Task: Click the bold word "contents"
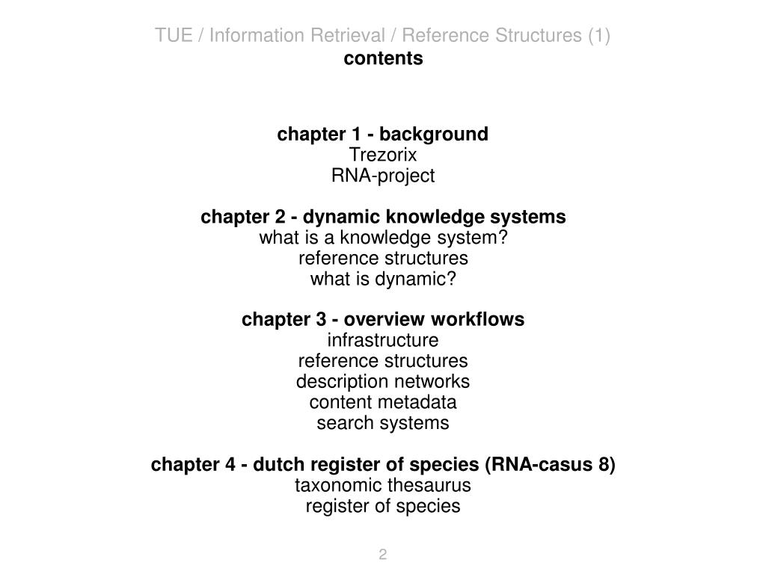click(383, 58)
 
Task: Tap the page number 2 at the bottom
click(383, 555)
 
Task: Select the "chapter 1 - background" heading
click(383, 135)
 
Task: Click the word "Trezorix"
click(383, 155)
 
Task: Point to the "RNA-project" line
click(383, 176)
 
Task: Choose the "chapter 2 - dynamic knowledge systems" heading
click(383, 217)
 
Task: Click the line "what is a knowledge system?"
click(383, 238)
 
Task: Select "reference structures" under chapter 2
click(383, 259)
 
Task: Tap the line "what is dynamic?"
click(383, 280)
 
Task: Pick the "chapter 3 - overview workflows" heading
click(383, 320)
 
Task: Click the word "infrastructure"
click(383, 341)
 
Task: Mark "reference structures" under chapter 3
click(383, 362)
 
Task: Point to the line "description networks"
click(383, 382)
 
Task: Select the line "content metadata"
click(383, 403)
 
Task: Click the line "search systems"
click(383, 424)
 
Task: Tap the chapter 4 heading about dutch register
click(383, 465)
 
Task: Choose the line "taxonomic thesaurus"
click(383, 486)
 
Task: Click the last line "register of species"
click(383, 507)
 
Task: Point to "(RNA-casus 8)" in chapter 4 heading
click(550, 465)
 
